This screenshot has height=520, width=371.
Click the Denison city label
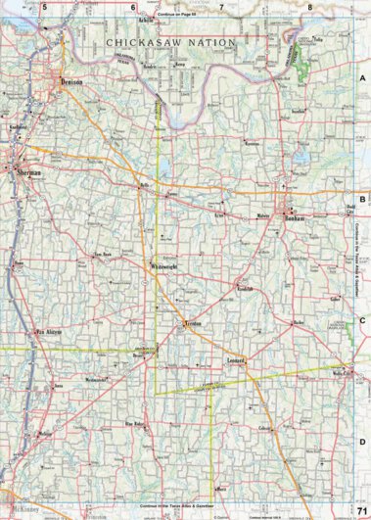(x=72, y=83)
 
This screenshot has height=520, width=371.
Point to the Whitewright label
(x=165, y=267)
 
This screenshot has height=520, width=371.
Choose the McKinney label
(x=22, y=511)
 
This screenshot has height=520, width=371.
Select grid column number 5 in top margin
(x=44, y=8)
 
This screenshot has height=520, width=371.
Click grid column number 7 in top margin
(x=221, y=8)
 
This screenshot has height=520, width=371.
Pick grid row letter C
(x=361, y=319)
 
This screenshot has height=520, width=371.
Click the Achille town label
(x=148, y=19)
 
